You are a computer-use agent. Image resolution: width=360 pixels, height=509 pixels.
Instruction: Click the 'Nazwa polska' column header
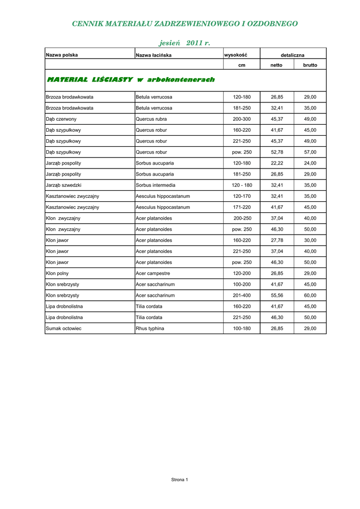(62, 55)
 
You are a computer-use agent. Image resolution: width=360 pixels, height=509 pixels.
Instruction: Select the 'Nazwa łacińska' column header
(154, 55)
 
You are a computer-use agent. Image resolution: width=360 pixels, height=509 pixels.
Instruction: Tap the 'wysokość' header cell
(236, 55)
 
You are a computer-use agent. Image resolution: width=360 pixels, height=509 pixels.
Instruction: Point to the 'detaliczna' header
(292, 55)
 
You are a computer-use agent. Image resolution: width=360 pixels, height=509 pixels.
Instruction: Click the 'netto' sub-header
(276, 65)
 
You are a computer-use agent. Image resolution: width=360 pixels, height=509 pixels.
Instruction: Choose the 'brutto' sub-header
(310, 65)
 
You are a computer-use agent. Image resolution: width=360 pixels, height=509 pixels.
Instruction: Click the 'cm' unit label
(242, 65)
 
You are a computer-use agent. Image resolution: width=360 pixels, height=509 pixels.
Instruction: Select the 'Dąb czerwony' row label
(61, 119)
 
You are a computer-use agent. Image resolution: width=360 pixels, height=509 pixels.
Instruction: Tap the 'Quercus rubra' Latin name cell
(151, 119)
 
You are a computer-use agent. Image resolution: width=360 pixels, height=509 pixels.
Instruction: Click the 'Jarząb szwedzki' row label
(64, 185)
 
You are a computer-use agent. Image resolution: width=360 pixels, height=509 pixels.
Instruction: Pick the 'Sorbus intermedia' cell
(156, 185)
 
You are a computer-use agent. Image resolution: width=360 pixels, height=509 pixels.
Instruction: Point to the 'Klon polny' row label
(57, 273)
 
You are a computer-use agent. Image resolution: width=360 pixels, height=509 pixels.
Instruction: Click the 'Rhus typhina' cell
(150, 329)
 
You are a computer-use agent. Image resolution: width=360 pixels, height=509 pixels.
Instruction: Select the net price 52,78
(277, 152)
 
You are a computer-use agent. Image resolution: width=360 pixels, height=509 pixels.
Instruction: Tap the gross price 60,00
(310, 295)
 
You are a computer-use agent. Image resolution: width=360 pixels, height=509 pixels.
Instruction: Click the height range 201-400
(242, 295)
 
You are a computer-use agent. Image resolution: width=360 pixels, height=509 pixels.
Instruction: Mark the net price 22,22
(277, 163)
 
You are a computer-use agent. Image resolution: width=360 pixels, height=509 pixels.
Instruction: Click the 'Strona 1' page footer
(180, 480)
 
